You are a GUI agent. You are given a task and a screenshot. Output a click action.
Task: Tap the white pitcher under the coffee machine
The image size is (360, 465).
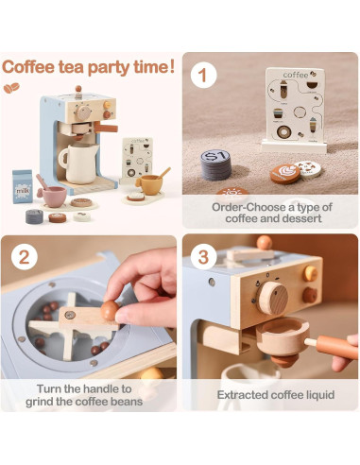(x=77, y=164)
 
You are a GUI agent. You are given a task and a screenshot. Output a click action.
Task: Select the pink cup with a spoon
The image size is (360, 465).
(x=53, y=195)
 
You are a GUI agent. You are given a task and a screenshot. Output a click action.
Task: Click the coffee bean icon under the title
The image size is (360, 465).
(x=13, y=86)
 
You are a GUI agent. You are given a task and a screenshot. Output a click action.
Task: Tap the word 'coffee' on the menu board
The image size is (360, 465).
(x=295, y=76)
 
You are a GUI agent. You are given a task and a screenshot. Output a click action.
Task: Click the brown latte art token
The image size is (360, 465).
(x=283, y=174)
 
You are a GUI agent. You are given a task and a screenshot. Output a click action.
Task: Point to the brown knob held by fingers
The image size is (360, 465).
(x=110, y=309)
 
